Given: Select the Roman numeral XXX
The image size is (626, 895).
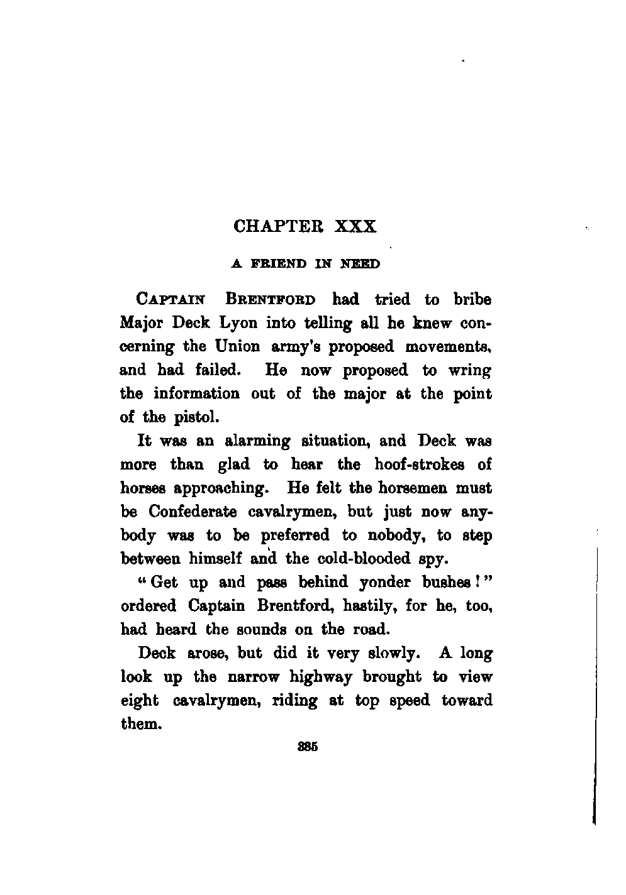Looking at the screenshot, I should (354, 226).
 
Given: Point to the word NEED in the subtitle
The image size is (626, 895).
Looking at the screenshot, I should (360, 265).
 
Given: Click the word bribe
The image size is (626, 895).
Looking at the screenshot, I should (469, 300).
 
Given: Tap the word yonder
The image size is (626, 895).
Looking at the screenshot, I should (384, 583).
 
